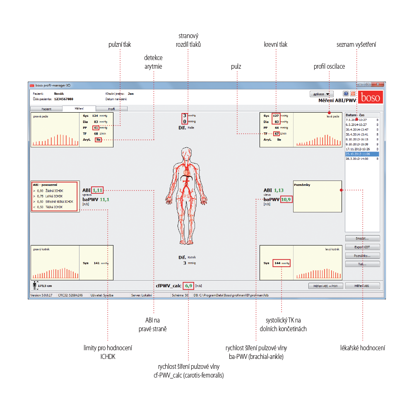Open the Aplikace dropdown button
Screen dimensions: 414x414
coord(321,94)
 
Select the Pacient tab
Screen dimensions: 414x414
coord(46,108)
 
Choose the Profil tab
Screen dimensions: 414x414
coord(111,108)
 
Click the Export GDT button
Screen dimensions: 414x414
coord(362,247)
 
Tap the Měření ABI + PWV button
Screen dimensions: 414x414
coord(326,286)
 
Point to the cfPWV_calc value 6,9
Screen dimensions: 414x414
coord(189,286)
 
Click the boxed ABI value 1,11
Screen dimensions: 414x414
coord(98,190)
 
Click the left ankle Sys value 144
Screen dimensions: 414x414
coord(278,263)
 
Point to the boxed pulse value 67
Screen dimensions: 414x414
coord(277,134)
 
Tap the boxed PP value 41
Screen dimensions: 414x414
coord(96,128)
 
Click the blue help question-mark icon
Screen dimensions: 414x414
coord(346,94)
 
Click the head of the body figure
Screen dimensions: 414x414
coord(186,153)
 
